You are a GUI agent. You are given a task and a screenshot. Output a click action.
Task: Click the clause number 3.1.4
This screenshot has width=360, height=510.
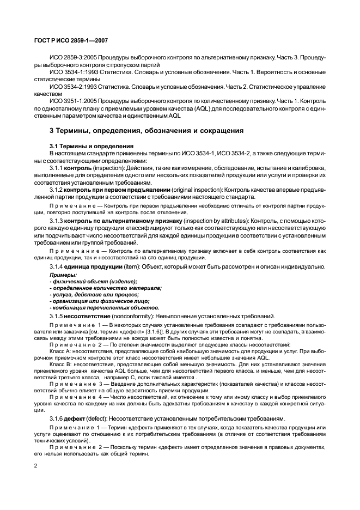click(56, 266)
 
